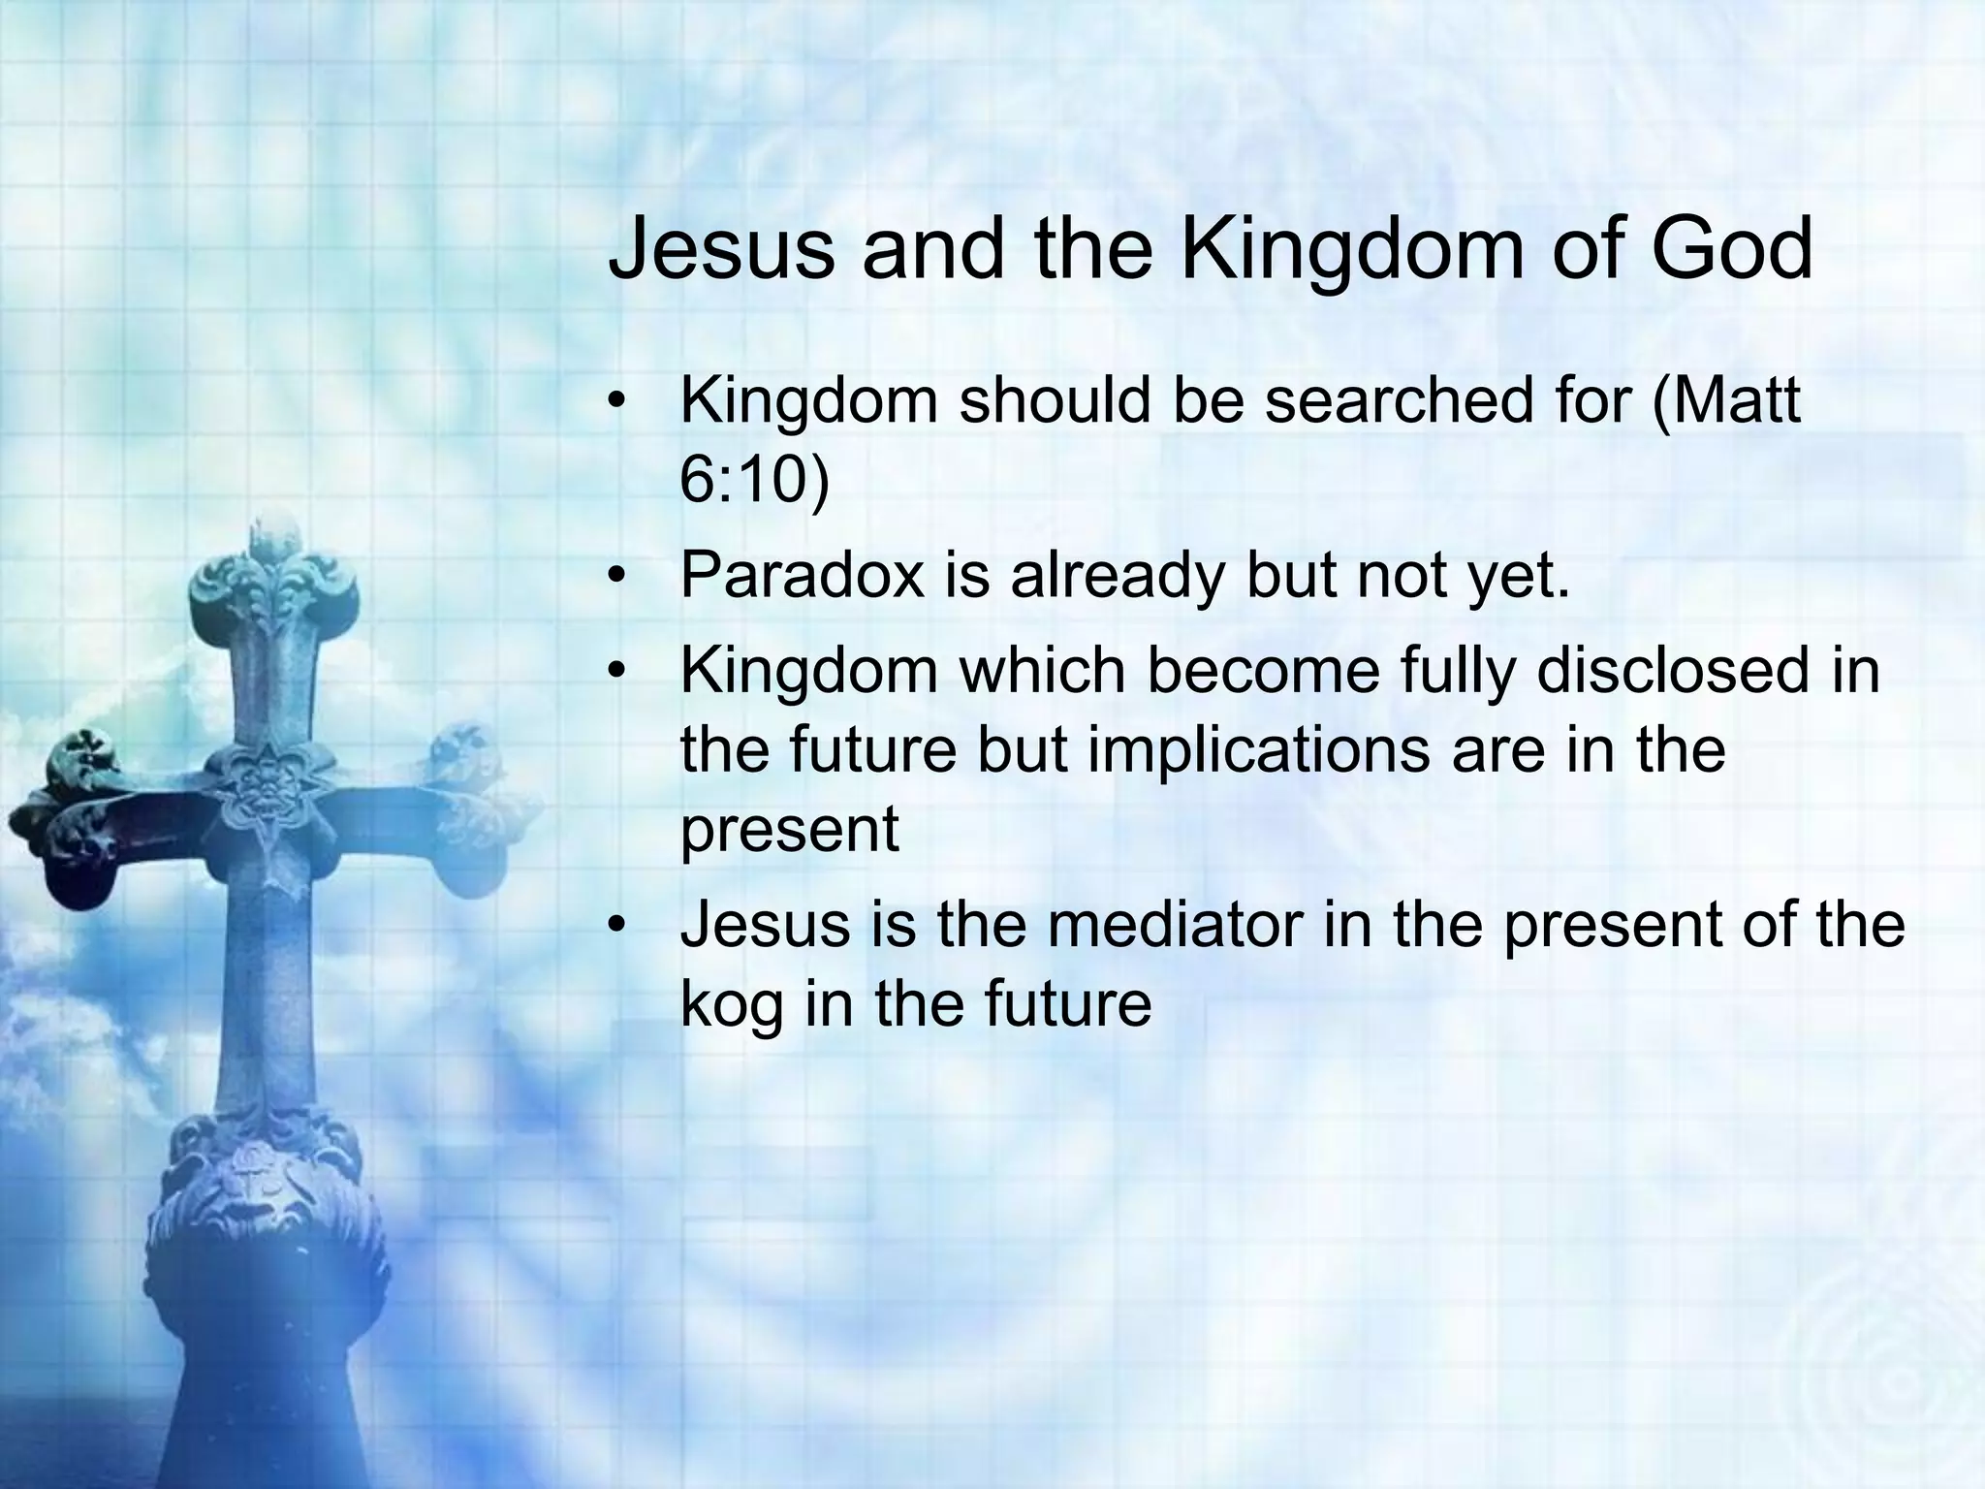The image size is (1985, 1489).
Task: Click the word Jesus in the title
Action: point(720,250)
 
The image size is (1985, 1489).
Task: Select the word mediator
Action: point(1175,925)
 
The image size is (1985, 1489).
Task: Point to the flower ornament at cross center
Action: point(264,790)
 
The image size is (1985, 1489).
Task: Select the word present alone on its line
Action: point(789,830)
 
